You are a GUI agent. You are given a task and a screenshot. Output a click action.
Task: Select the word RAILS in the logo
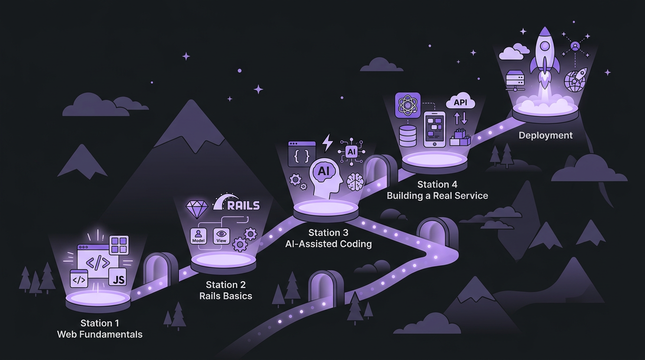tap(243, 205)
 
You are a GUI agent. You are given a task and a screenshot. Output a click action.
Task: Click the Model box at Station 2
tap(198, 235)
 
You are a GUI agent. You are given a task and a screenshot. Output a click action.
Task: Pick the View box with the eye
tap(221, 235)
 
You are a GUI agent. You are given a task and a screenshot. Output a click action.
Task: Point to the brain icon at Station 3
tap(355, 181)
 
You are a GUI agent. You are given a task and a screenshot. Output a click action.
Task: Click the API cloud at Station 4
tap(461, 102)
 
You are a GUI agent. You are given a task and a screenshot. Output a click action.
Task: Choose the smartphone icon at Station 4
tap(434, 128)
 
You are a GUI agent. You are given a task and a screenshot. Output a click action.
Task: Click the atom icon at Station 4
tap(408, 105)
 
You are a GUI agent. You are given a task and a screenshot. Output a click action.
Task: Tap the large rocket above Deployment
tap(545, 52)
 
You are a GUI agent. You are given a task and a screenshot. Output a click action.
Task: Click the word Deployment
tap(545, 135)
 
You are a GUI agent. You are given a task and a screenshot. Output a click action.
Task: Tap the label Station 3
tap(328, 232)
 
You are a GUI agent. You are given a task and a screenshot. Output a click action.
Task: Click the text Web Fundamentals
tap(99, 334)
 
